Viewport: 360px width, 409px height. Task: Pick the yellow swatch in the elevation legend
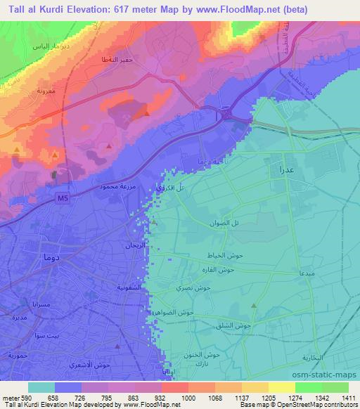coord(281,387)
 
